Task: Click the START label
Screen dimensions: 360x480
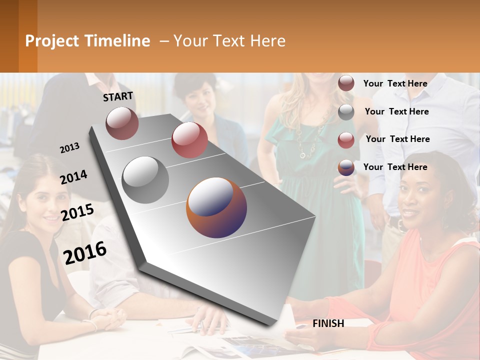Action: [118, 96]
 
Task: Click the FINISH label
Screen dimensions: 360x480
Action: [328, 323]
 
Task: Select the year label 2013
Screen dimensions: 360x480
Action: [69, 147]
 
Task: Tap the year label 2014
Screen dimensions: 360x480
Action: [73, 177]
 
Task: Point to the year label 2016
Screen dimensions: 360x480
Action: [85, 252]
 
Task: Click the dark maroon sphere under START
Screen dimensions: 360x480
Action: [122, 123]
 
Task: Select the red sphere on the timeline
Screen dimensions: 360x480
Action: [189, 140]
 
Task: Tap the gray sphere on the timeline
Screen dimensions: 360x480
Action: [145, 179]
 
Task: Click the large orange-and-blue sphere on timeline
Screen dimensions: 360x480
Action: [216, 207]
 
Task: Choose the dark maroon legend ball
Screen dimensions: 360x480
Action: [346, 83]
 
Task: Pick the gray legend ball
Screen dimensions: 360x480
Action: [346, 112]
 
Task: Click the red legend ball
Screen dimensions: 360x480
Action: [346, 140]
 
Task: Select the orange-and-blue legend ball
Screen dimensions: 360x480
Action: [346, 167]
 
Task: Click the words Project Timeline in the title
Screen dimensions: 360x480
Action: [87, 41]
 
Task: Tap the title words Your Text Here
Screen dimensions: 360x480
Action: [229, 41]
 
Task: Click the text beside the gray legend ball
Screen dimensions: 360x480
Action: [396, 111]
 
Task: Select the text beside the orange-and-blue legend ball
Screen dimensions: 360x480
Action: [395, 167]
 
